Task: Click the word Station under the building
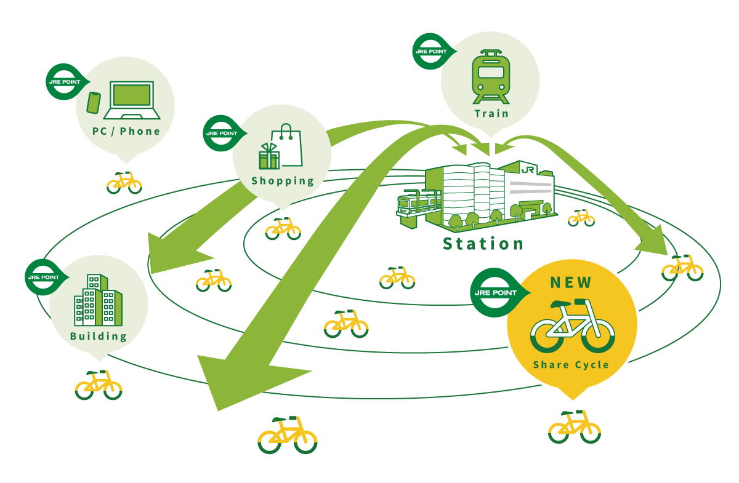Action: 483,244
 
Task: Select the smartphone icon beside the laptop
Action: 94,103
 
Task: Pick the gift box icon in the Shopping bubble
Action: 269,156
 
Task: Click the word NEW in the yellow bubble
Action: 571,283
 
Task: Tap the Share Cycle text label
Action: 571,365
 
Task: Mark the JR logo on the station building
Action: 527,170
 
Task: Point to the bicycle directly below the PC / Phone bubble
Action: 124,182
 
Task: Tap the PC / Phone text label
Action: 126,131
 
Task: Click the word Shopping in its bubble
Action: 283,181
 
